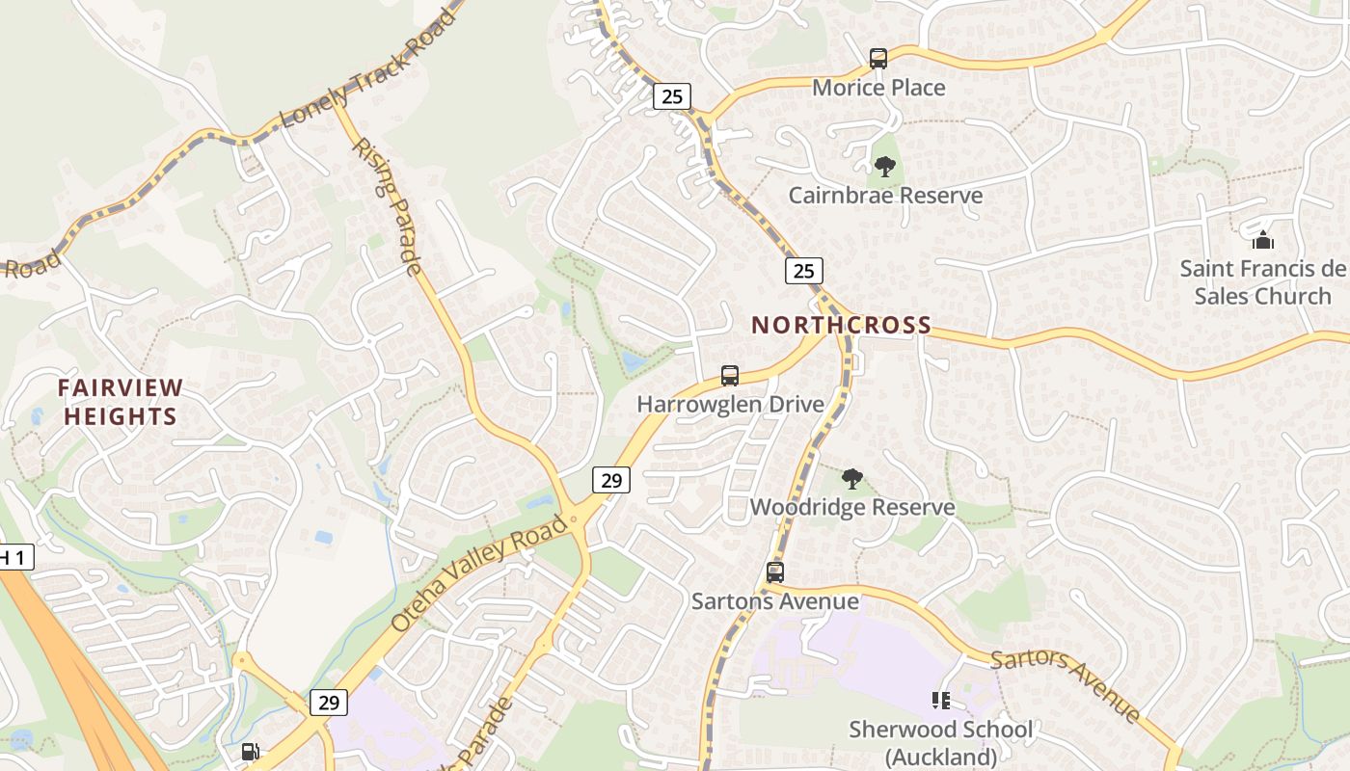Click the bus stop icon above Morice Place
click(x=877, y=59)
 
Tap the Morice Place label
click(x=877, y=88)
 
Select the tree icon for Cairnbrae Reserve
click(x=884, y=167)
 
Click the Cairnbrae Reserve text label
click(x=885, y=196)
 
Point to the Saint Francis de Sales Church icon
click(x=1262, y=240)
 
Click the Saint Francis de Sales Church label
click(x=1261, y=282)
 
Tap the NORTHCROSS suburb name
click(x=841, y=325)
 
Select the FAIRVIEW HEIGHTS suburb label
click(x=120, y=402)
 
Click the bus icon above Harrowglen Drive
click(x=730, y=376)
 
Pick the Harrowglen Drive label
click(x=730, y=404)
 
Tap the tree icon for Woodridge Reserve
click(x=851, y=479)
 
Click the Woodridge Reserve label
click(x=852, y=507)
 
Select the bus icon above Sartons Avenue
click(x=775, y=572)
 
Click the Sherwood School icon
click(x=940, y=701)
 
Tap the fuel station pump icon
click(x=250, y=752)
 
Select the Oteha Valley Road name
click(x=479, y=574)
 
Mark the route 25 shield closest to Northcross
click(x=803, y=271)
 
